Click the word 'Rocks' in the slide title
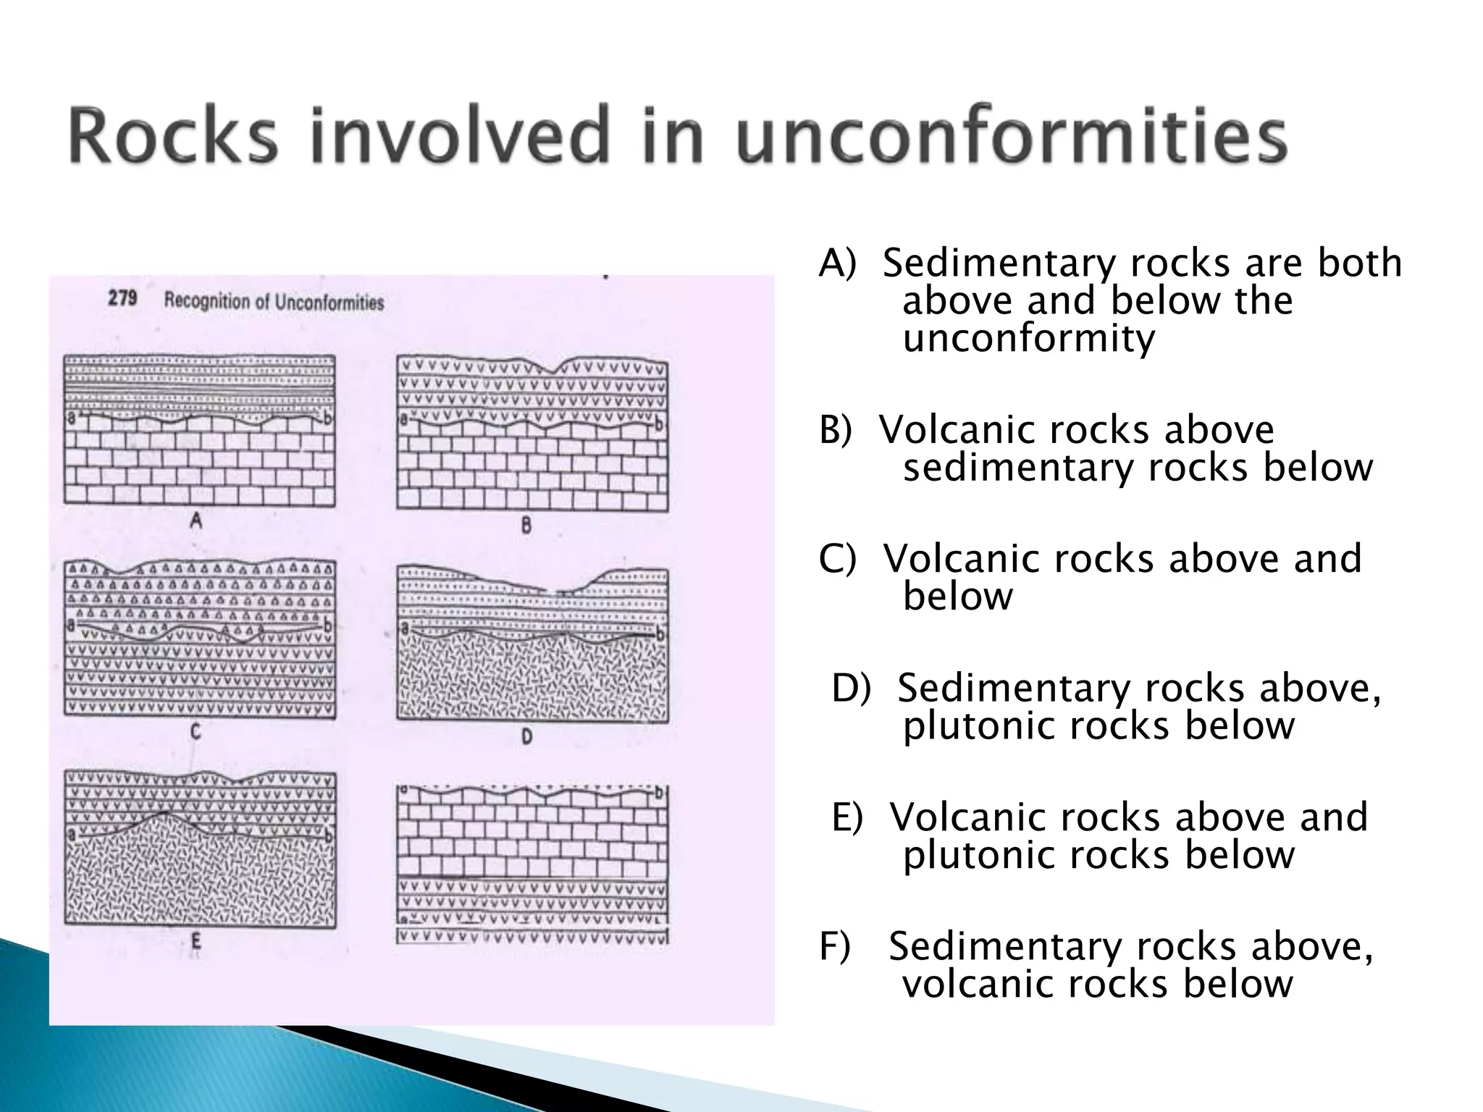174,136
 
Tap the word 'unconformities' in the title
1011,136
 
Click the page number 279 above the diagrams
122,298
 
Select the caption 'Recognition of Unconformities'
274,302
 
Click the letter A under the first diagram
196,520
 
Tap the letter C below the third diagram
196,732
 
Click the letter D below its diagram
526,737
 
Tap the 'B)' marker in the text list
836,430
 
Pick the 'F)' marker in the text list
834,947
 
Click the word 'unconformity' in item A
1028,339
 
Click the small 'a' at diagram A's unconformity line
71,418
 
